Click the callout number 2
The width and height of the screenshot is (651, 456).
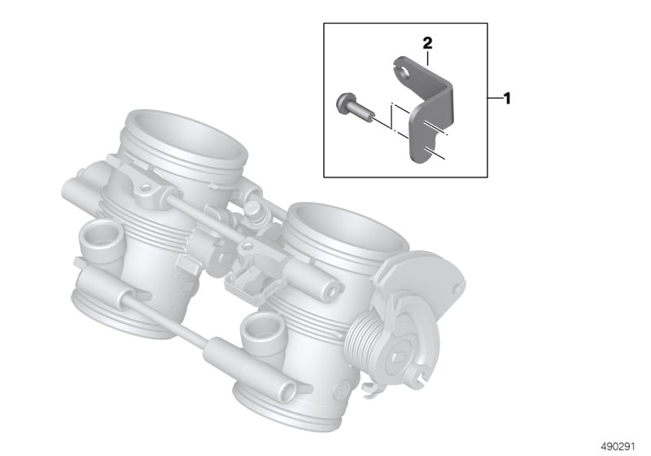point(427,43)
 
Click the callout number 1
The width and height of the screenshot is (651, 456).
point(506,99)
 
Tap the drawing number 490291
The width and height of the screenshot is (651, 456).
point(618,447)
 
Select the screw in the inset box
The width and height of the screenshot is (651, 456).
point(355,107)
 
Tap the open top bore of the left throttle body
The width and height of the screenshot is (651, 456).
point(188,138)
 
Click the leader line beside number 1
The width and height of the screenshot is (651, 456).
point(496,99)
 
